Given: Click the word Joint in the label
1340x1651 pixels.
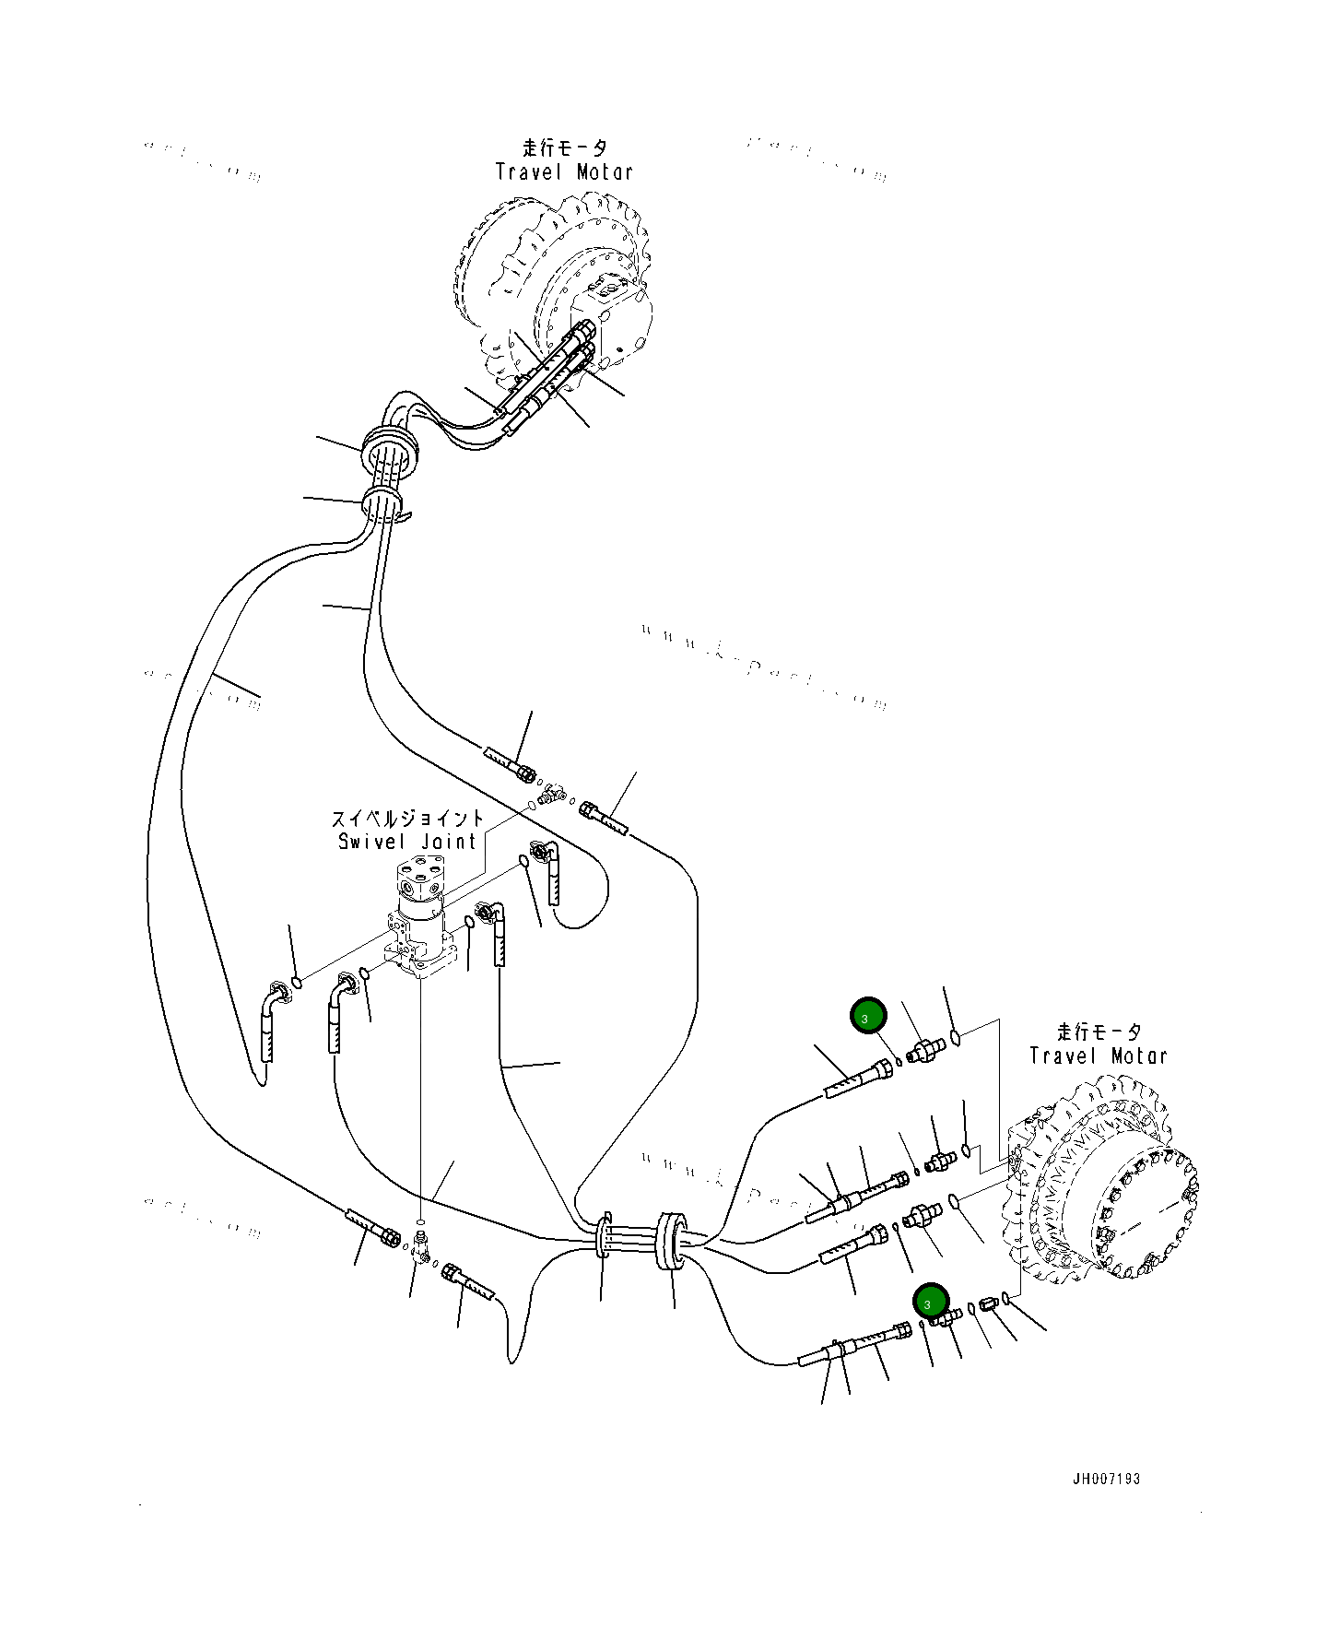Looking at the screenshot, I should tap(449, 842).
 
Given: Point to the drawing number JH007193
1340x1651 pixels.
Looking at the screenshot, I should tap(1106, 1479).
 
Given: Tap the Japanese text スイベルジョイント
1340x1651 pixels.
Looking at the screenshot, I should tap(407, 818).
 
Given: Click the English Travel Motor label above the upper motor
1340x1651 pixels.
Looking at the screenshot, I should tap(564, 171).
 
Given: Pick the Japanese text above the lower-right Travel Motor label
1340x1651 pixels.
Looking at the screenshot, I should tap(1099, 1032).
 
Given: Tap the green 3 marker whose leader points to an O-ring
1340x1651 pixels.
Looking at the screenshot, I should tap(867, 1016).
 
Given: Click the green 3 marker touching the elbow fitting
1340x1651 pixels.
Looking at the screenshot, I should tap(930, 1301).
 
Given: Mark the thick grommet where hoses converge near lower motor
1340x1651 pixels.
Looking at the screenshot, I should tap(670, 1242).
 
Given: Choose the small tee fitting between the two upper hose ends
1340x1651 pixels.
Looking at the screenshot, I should tap(551, 792).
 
